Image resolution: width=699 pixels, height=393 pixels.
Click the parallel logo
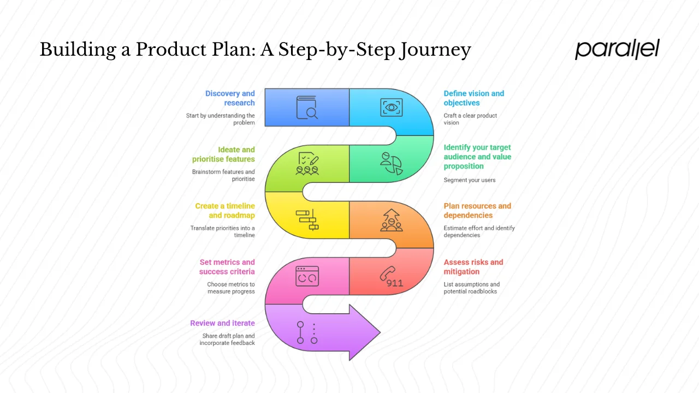click(617, 49)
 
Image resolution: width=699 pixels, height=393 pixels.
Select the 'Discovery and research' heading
click(230, 98)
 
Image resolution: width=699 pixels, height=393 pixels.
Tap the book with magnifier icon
click(307, 108)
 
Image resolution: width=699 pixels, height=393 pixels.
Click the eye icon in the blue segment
click(392, 107)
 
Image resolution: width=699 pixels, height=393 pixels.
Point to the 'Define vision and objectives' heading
click(473, 98)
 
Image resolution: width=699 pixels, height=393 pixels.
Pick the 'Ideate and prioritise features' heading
click(223, 154)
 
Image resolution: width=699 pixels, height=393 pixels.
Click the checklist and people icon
click(307, 163)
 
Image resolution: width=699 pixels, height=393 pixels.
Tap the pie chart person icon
click(392, 163)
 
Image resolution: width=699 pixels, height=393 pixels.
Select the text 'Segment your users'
click(470, 180)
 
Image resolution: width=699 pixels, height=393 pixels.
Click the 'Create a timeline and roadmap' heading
click(225, 211)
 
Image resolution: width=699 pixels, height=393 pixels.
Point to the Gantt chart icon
click(307, 220)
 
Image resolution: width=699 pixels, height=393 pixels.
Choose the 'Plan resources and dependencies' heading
click(477, 211)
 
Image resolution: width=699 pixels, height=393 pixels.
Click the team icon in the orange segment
click(392, 220)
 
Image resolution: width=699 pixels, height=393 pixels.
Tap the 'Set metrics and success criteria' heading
click(227, 267)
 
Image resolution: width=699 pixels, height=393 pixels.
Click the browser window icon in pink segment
click(307, 276)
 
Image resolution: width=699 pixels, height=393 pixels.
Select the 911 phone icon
click(392, 277)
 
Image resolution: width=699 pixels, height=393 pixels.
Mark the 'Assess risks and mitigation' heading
click(473, 267)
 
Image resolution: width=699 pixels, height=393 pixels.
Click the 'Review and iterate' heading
click(222, 323)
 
